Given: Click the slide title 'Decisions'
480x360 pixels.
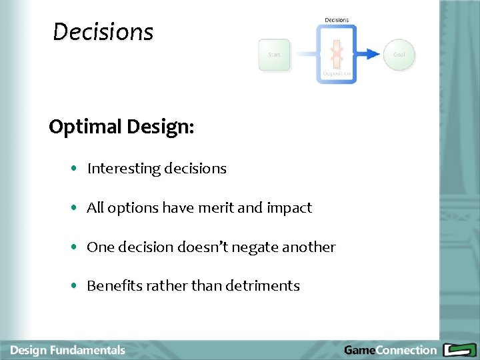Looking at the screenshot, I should click(103, 31).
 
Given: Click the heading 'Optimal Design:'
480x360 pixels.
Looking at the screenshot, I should click(121, 127).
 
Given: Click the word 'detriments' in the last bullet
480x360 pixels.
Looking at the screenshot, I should click(263, 286).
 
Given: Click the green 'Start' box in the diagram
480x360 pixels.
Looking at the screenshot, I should click(274, 55).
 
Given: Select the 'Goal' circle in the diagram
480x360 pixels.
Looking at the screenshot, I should click(399, 55).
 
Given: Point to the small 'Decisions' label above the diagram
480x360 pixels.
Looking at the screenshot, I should click(337, 20).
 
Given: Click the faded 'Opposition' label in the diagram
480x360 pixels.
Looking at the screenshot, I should click(337, 73).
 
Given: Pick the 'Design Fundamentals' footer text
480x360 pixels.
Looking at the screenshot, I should click(68, 350).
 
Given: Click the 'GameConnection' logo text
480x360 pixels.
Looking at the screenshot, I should click(390, 350).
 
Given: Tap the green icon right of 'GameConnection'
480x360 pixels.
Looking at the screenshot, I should click(459, 350).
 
